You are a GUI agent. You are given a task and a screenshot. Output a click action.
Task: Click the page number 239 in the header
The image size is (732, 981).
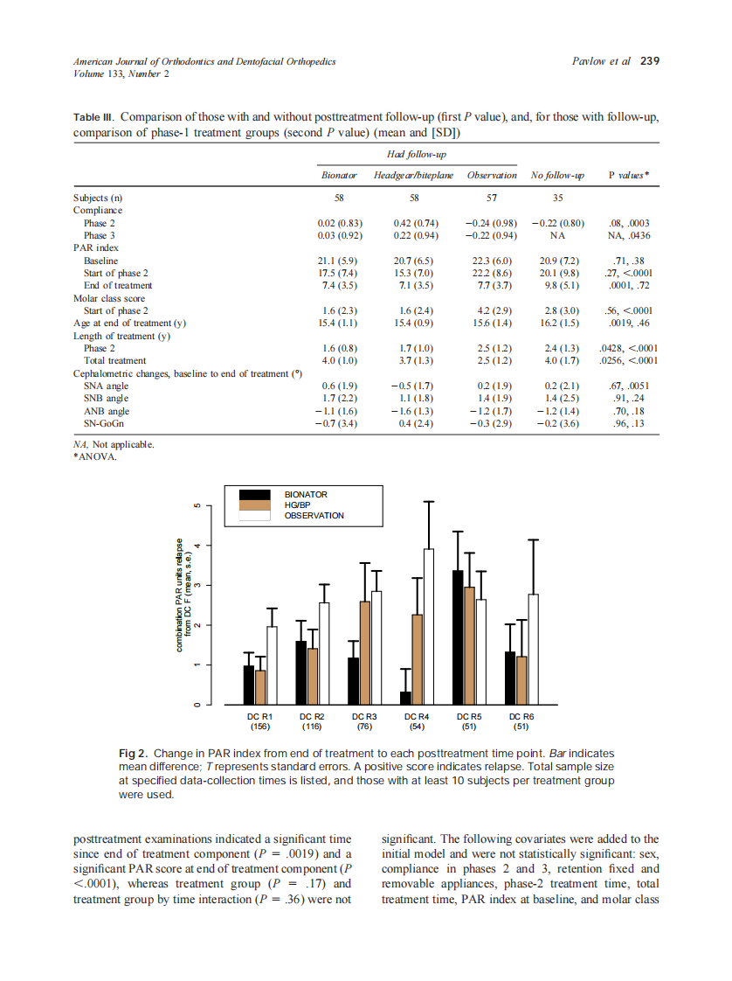click(650, 62)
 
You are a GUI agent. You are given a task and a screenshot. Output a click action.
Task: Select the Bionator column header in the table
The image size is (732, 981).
click(340, 176)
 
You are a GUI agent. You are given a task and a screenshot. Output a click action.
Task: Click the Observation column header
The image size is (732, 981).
click(492, 176)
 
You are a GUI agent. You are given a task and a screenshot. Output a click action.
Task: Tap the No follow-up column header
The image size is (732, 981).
click(557, 176)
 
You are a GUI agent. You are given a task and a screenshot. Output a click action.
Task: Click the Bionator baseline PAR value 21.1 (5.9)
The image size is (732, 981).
click(340, 261)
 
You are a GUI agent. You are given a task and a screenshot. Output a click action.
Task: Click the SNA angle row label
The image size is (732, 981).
click(106, 386)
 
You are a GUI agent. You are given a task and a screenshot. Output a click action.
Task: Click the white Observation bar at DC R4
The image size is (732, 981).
click(428, 626)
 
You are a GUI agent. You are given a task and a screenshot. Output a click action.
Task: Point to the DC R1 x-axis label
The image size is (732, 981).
click(259, 716)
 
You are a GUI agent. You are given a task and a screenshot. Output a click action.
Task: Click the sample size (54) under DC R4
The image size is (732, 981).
click(417, 726)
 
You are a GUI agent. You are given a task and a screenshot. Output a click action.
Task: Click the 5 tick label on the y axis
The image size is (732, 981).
click(197, 505)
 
